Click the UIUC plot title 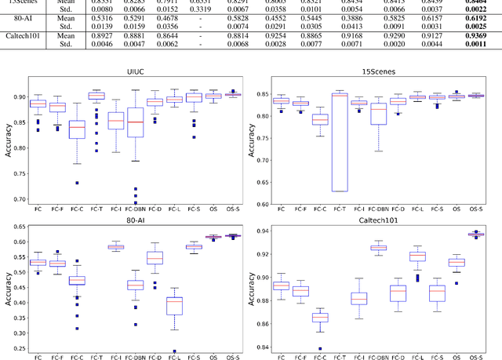click(137, 71)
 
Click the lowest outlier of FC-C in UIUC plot click(100, 183)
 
